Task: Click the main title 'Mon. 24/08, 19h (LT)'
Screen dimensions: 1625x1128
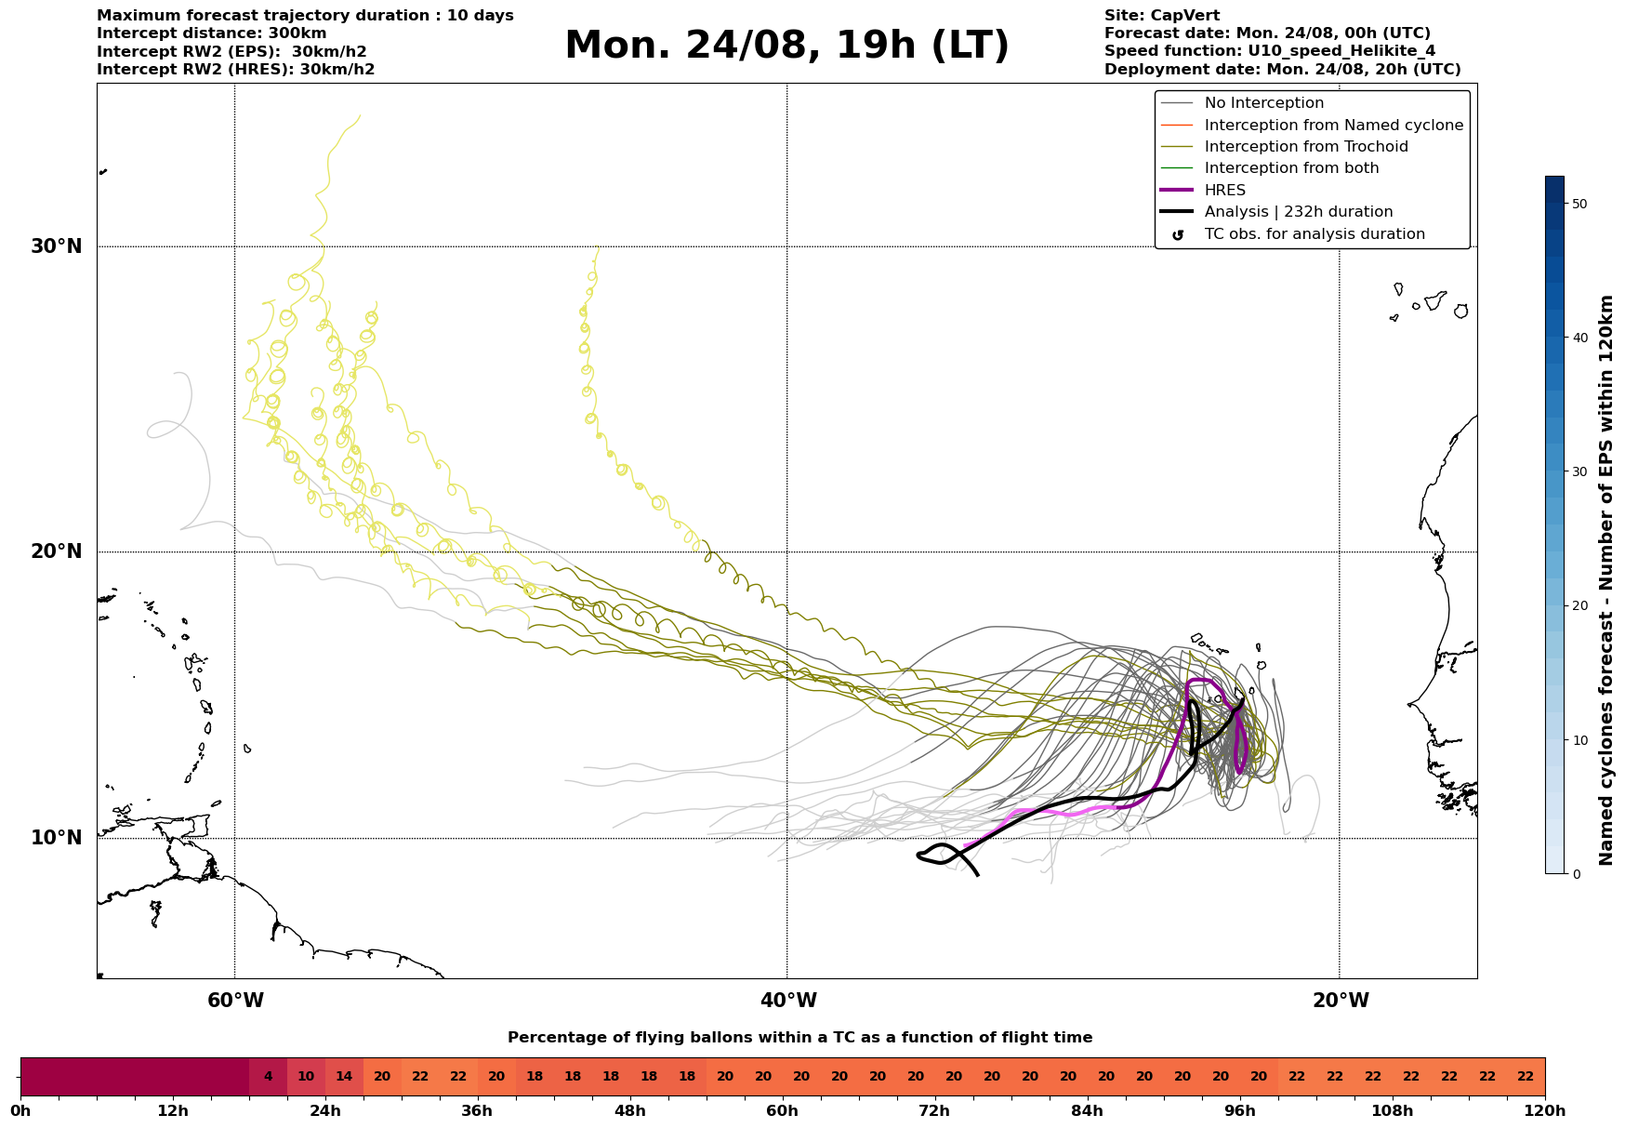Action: [x=786, y=46]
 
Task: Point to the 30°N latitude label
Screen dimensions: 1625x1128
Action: [x=57, y=246]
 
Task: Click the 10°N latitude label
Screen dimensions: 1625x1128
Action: [x=57, y=838]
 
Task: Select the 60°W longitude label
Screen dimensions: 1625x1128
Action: [x=235, y=1001]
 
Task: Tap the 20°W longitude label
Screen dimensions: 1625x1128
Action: [x=1341, y=1001]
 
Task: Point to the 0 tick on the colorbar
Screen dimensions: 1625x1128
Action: [x=1576, y=874]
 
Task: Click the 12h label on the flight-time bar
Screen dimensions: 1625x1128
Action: [x=173, y=1110]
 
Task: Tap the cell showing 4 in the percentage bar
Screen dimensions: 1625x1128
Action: [x=268, y=1077]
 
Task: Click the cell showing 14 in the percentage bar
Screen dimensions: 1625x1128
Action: [x=344, y=1077]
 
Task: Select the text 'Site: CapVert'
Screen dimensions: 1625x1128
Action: [x=1162, y=16]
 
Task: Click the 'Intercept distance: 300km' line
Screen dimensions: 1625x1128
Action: [x=212, y=33]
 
